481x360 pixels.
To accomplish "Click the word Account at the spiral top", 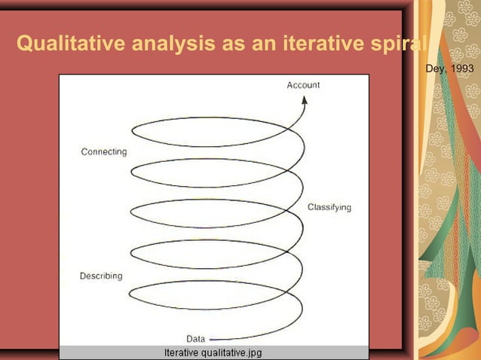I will (x=303, y=85).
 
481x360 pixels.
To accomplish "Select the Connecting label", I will (x=104, y=151).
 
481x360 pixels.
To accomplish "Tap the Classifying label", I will (x=329, y=206).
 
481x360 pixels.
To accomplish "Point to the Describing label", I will (x=101, y=276).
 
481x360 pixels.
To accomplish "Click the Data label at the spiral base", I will (x=195, y=338).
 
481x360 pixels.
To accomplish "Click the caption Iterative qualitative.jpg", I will (x=213, y=352).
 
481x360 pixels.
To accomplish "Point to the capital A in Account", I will (x=290, y=85).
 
